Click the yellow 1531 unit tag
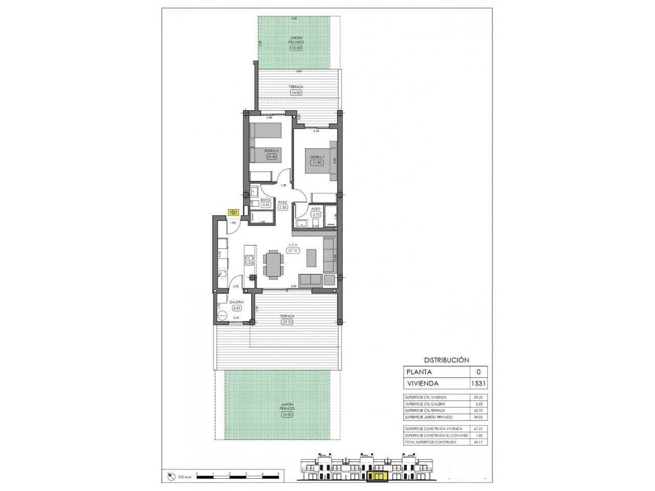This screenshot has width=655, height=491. tap(233, 213)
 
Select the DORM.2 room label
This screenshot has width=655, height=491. tap(271, 150)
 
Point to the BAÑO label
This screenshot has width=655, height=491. tap(266, 199)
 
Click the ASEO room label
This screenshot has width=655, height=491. tap(315, 209)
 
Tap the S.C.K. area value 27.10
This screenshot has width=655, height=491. tap(293, 251)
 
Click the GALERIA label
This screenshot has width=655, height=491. tap(236, 302)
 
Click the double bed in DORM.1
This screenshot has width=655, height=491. tap(319, 164)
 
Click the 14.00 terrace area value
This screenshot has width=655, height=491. tap(295, 93)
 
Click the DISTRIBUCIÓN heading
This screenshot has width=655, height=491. tap(446, 360)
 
